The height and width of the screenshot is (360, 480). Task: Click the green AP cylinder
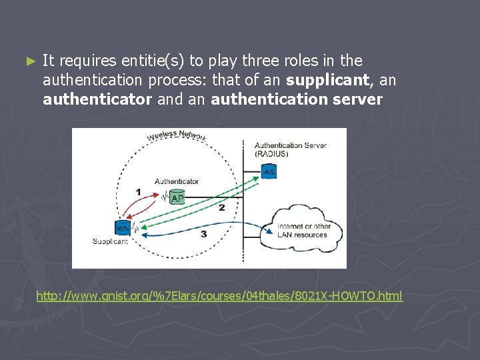177,197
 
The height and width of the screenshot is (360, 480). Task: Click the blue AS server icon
269,172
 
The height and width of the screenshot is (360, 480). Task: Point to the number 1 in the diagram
138,192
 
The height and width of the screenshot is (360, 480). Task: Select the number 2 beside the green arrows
222,208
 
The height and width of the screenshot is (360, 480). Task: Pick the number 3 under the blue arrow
203,234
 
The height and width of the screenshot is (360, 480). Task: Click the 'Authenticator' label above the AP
177,181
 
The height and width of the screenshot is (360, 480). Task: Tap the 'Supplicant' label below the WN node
111,241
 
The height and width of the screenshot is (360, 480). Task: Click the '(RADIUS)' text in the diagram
271,154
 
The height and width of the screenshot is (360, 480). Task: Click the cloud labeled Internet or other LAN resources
303,229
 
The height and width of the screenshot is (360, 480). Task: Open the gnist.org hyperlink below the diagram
219,295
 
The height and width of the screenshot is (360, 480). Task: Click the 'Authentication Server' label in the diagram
291,145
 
